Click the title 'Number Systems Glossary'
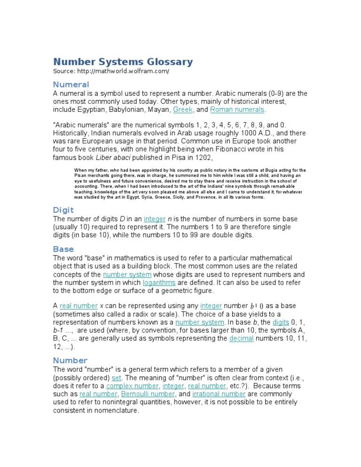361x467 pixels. pos(123,62)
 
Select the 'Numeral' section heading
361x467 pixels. pos(71,85)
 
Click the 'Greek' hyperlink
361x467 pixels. pos(183,110)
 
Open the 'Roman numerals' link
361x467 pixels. pos(237,110)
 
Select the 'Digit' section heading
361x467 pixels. pos(63,210)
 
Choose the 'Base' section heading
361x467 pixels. pos(63,249)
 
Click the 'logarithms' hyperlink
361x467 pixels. pos(159,283)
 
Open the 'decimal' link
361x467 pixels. pos(241,339)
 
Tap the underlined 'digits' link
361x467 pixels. pos(281,322)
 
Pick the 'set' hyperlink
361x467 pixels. pos(117,378)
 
